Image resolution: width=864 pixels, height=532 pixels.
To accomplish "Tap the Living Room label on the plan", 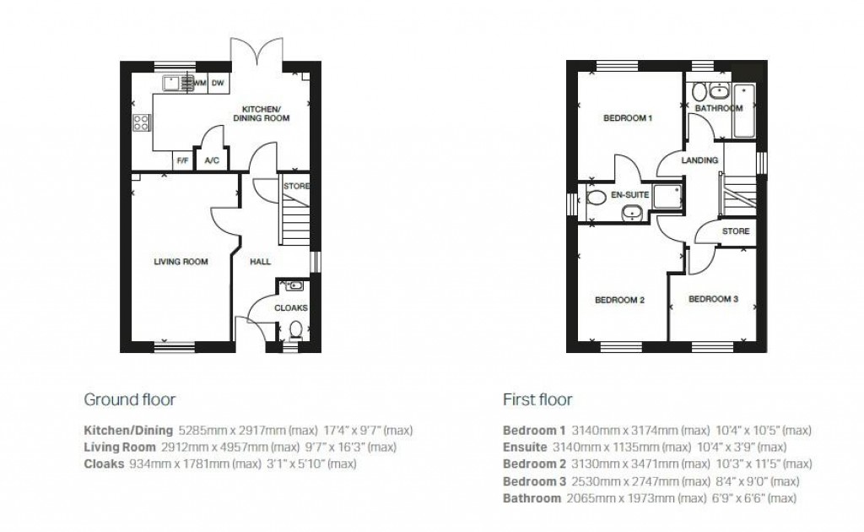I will [x=181, y=262].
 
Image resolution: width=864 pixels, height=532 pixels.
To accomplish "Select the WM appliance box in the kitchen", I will [x=200, y=83].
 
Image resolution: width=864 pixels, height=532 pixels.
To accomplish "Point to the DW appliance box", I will [x=218, y=83].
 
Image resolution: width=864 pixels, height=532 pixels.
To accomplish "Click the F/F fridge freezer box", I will [x=181, y=160].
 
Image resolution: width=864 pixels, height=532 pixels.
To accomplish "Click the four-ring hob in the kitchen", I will [x=141, y=123].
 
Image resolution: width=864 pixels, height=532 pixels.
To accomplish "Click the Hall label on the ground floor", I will [x=260, y=262].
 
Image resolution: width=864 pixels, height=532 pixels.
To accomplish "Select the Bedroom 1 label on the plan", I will [x=628, y=118].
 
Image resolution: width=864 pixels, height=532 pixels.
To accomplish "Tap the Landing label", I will [x=699, y=160].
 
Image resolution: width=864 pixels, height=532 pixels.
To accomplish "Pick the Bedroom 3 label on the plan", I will [x=713, y=299].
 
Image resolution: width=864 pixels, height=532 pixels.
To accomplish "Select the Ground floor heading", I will [x=129, y=399].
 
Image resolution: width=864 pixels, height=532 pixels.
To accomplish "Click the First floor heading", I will [x=537, y=399].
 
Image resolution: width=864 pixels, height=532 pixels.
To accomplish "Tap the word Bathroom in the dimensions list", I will [x=532, y=499].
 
